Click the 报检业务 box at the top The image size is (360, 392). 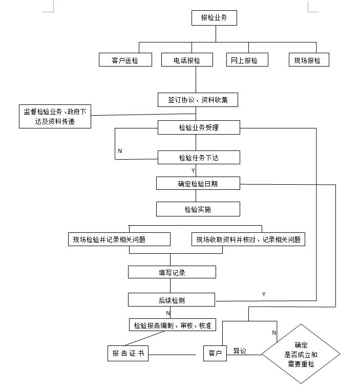215,18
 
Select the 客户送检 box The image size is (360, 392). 125,60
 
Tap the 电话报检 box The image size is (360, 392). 187,60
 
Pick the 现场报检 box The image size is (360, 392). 308,60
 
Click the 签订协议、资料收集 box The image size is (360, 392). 198,99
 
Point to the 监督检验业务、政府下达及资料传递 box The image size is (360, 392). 55,117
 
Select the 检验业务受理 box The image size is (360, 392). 198,127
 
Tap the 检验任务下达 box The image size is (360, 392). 198,158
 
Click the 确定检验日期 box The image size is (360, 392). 198,183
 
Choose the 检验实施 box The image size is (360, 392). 198,209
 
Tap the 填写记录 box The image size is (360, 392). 172,272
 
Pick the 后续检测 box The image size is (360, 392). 171,300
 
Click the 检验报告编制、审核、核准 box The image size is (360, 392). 172,325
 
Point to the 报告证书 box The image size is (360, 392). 128,354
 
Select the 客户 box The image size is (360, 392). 215,354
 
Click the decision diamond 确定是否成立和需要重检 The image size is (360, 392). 301,354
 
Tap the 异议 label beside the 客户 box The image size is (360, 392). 240,352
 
